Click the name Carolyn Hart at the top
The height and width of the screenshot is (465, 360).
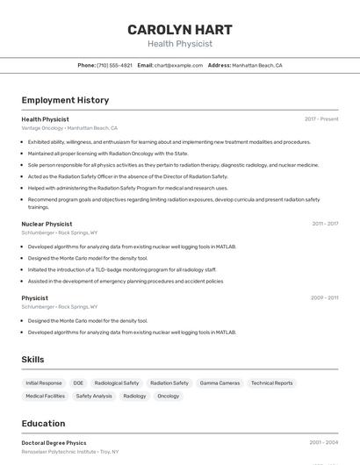[179, 29]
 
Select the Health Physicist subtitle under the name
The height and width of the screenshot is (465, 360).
[179, 44]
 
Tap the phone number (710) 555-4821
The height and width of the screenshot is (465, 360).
[114, 65]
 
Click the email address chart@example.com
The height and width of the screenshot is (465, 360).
[178, 65]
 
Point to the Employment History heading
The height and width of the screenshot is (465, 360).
[65, 100]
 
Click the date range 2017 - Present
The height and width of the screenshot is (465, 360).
[321, 118]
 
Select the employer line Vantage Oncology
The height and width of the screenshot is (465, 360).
[69, 128]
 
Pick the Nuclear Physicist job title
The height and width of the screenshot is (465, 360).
[47, 224]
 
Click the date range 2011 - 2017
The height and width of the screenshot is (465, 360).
[325, 224]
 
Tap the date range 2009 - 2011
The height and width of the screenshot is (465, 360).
[325, 297]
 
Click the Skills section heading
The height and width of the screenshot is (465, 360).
[32, 360]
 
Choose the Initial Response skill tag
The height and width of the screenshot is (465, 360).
[44, 383]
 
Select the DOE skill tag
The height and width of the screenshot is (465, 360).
[78, 383]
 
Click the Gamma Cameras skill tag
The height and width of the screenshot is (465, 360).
[220, 383]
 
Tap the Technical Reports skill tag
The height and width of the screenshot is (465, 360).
[271, 383]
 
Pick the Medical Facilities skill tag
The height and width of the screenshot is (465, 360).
[46, 396]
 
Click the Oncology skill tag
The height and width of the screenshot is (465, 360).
[168, 396]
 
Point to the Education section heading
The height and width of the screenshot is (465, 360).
[43, 423]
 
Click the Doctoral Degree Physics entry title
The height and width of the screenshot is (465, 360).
[54, 443]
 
